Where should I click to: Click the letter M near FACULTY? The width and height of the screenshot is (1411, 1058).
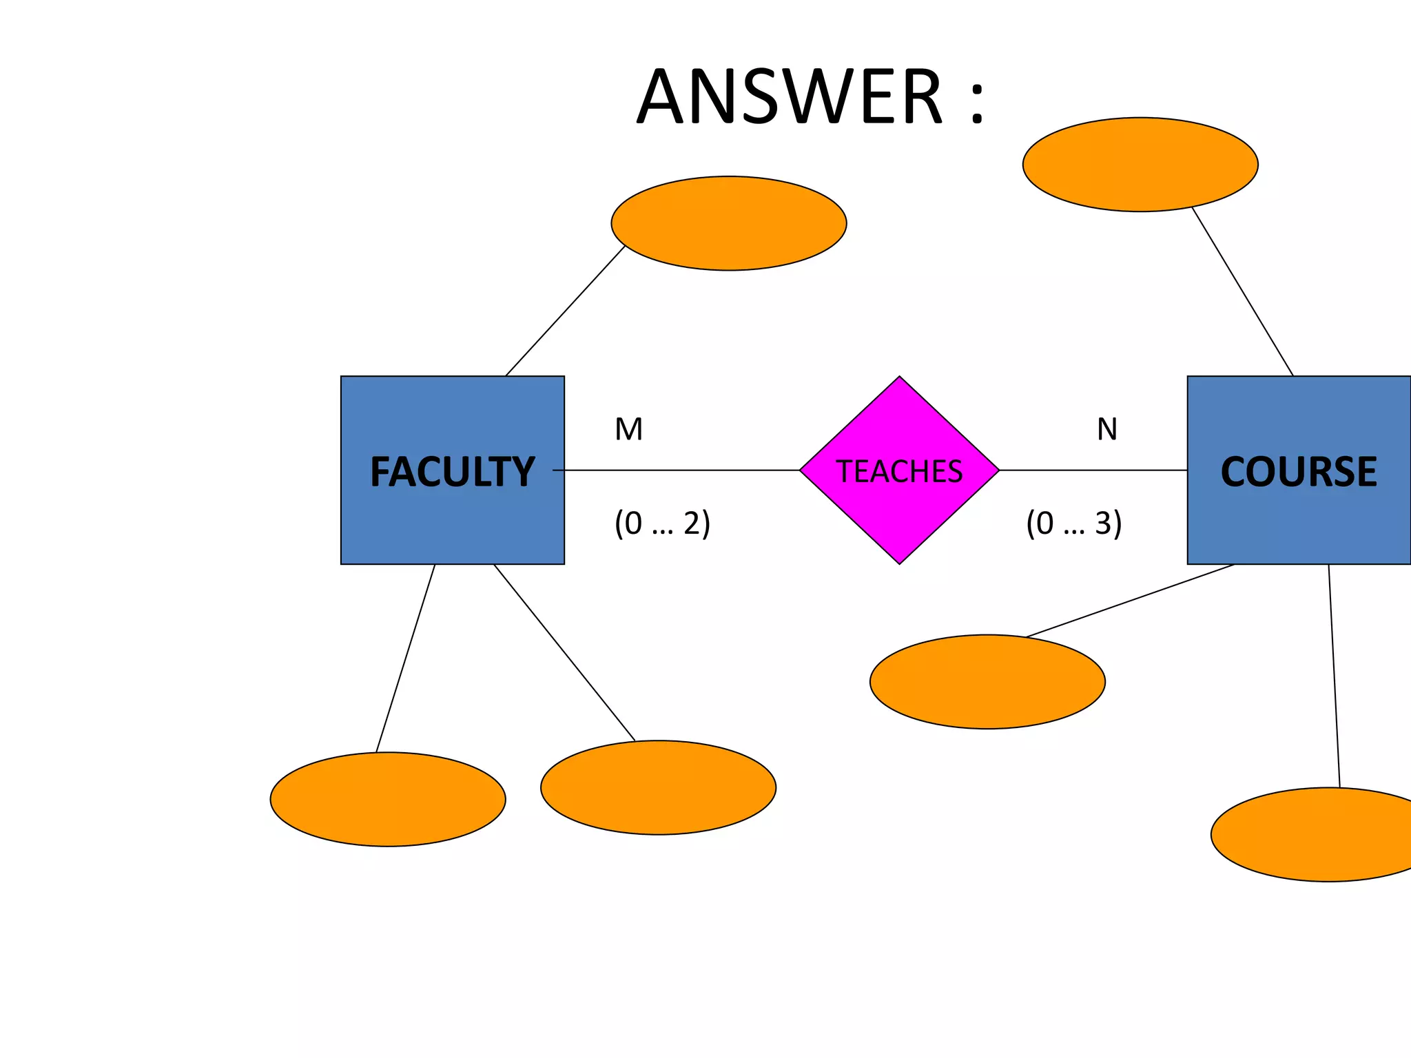(628, 430)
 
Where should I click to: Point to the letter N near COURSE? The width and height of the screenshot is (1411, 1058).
(1107, 430)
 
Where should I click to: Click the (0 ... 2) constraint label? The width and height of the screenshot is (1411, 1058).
(662, 523)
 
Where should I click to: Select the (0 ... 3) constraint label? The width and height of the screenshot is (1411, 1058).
(1073, 523)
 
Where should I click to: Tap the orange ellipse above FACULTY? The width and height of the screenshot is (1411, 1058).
(728, 223)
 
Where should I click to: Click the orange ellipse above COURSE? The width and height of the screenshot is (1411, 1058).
(1140, 165)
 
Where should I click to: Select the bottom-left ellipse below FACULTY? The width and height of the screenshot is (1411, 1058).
(388, 799)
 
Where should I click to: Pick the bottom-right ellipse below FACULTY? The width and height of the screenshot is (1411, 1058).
(658, 787)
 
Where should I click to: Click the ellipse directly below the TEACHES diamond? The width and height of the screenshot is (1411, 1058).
(987, 681)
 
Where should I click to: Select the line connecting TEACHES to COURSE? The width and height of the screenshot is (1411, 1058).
(1093, 470)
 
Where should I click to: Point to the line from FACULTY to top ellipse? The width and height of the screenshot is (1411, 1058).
(565, 311)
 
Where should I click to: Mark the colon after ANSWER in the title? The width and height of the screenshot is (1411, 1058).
(977, 103)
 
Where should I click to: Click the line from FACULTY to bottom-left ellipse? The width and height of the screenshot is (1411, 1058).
(406, 658)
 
